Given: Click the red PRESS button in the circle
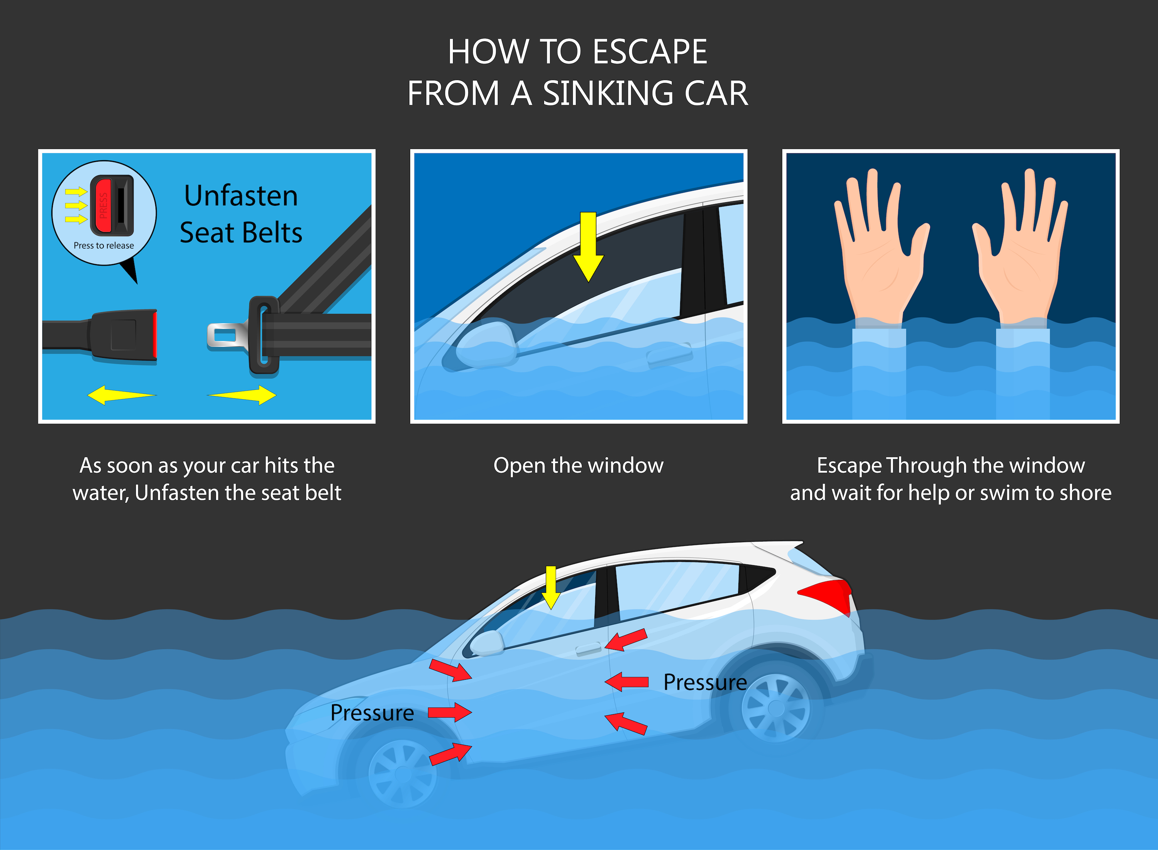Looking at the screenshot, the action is [x=102, y=205].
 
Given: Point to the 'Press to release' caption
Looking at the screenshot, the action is [x=104, y=246].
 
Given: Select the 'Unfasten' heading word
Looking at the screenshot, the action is [x=241, y=196].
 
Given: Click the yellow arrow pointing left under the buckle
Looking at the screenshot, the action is [x=122, y=395].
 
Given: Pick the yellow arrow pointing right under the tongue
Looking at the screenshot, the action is [x=242, y=395].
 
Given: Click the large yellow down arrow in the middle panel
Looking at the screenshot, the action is [x=588, y=247].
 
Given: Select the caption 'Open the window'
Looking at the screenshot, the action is [x=578, y=466].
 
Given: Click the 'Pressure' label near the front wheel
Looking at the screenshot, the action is [x=372, y=713].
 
